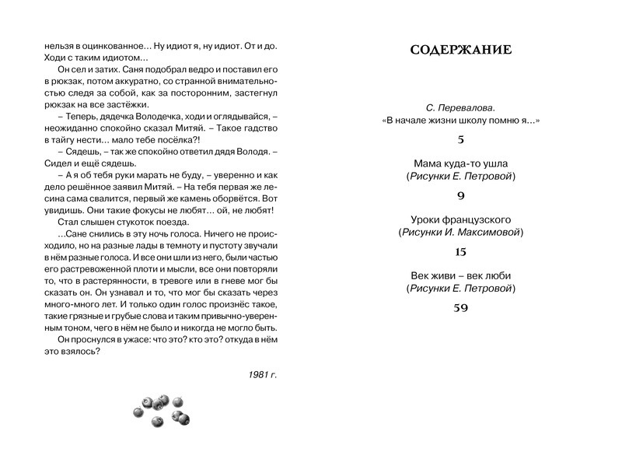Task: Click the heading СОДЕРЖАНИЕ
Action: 460,51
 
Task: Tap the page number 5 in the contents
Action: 460,140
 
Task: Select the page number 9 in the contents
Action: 460,196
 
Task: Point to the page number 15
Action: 460,252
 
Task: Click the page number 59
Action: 460,308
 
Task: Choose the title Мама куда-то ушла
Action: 460,163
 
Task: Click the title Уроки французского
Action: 460,219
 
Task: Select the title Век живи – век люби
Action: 460,275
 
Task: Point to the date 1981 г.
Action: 263,374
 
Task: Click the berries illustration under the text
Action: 161,410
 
